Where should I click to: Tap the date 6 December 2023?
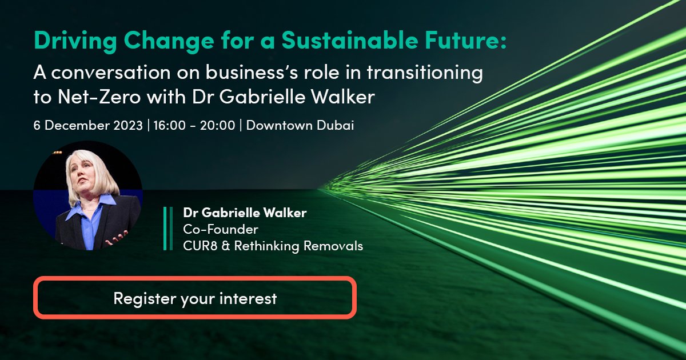pos(88,125)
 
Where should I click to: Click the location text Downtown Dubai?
pos(300,125)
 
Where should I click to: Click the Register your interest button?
pos(195,298)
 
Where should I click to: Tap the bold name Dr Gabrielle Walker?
pos(245,213)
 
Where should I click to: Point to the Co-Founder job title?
pos(221,230)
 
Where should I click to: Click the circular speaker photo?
pos(87,195)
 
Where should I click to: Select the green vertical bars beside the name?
pos(167,229)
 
